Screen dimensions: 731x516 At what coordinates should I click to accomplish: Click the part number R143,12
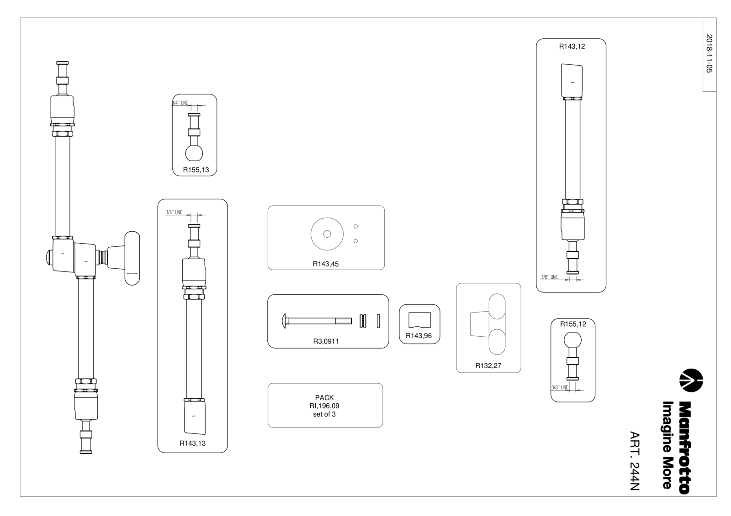click(572, 47)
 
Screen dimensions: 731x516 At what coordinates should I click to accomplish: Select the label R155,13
click(196, 170)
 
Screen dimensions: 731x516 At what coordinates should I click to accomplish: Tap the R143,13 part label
click(192, 443)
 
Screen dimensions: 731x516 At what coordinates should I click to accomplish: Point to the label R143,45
click(326, 264)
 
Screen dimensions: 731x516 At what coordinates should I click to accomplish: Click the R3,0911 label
click(326, 341)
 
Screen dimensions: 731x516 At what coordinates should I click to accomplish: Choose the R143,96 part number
click(418, 336)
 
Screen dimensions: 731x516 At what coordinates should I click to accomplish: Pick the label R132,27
click(488, 366)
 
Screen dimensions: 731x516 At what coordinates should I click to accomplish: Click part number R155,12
click(573, 324)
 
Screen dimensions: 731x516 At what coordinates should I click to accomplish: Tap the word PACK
click(324, 398)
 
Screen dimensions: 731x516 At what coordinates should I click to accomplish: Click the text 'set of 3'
click(324, 414)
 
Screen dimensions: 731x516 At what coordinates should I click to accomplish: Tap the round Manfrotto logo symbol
click(691, 380)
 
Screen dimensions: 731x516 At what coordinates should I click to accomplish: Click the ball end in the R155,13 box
click(194, 153)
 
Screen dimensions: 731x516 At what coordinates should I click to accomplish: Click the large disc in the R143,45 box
click(327, 234)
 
